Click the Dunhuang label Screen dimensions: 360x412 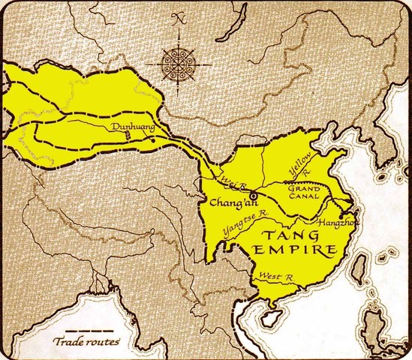[131, 127]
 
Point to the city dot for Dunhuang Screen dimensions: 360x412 [152, 139]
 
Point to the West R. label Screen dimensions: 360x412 [273, 277]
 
